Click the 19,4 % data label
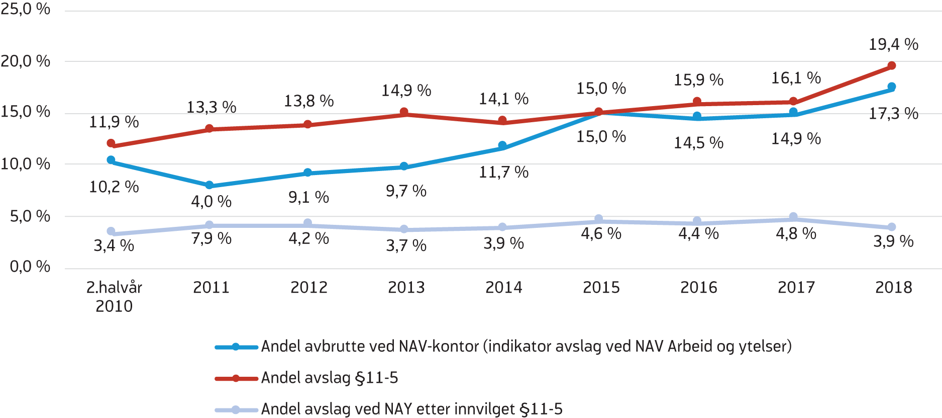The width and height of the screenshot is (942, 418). (893, 45)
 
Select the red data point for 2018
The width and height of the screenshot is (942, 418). (892, 66)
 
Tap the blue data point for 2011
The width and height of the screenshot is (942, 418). (210, 186)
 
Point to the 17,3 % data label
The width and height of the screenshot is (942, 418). (893, 114)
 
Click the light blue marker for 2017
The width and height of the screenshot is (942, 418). (793, 217)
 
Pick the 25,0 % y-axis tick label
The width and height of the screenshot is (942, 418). (26, 9)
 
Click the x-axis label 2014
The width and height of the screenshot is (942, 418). (503, 288)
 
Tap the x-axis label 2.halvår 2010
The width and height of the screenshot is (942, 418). (114, 296)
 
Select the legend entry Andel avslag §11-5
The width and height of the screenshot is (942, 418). (329, 378)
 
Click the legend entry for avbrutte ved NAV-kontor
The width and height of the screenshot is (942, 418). (526, 347)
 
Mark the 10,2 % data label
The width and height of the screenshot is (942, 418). (114, 187)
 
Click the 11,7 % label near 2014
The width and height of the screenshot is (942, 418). (503, 173)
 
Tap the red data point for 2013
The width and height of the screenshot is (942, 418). (404, 112)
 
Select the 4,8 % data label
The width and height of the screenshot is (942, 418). (796, 233)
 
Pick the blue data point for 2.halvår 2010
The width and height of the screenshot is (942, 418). (111, 160)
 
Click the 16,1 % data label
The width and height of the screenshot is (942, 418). (796, 78)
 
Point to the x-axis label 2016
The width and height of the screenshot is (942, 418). (698, 288)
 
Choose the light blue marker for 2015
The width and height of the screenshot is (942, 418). (598, 219)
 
